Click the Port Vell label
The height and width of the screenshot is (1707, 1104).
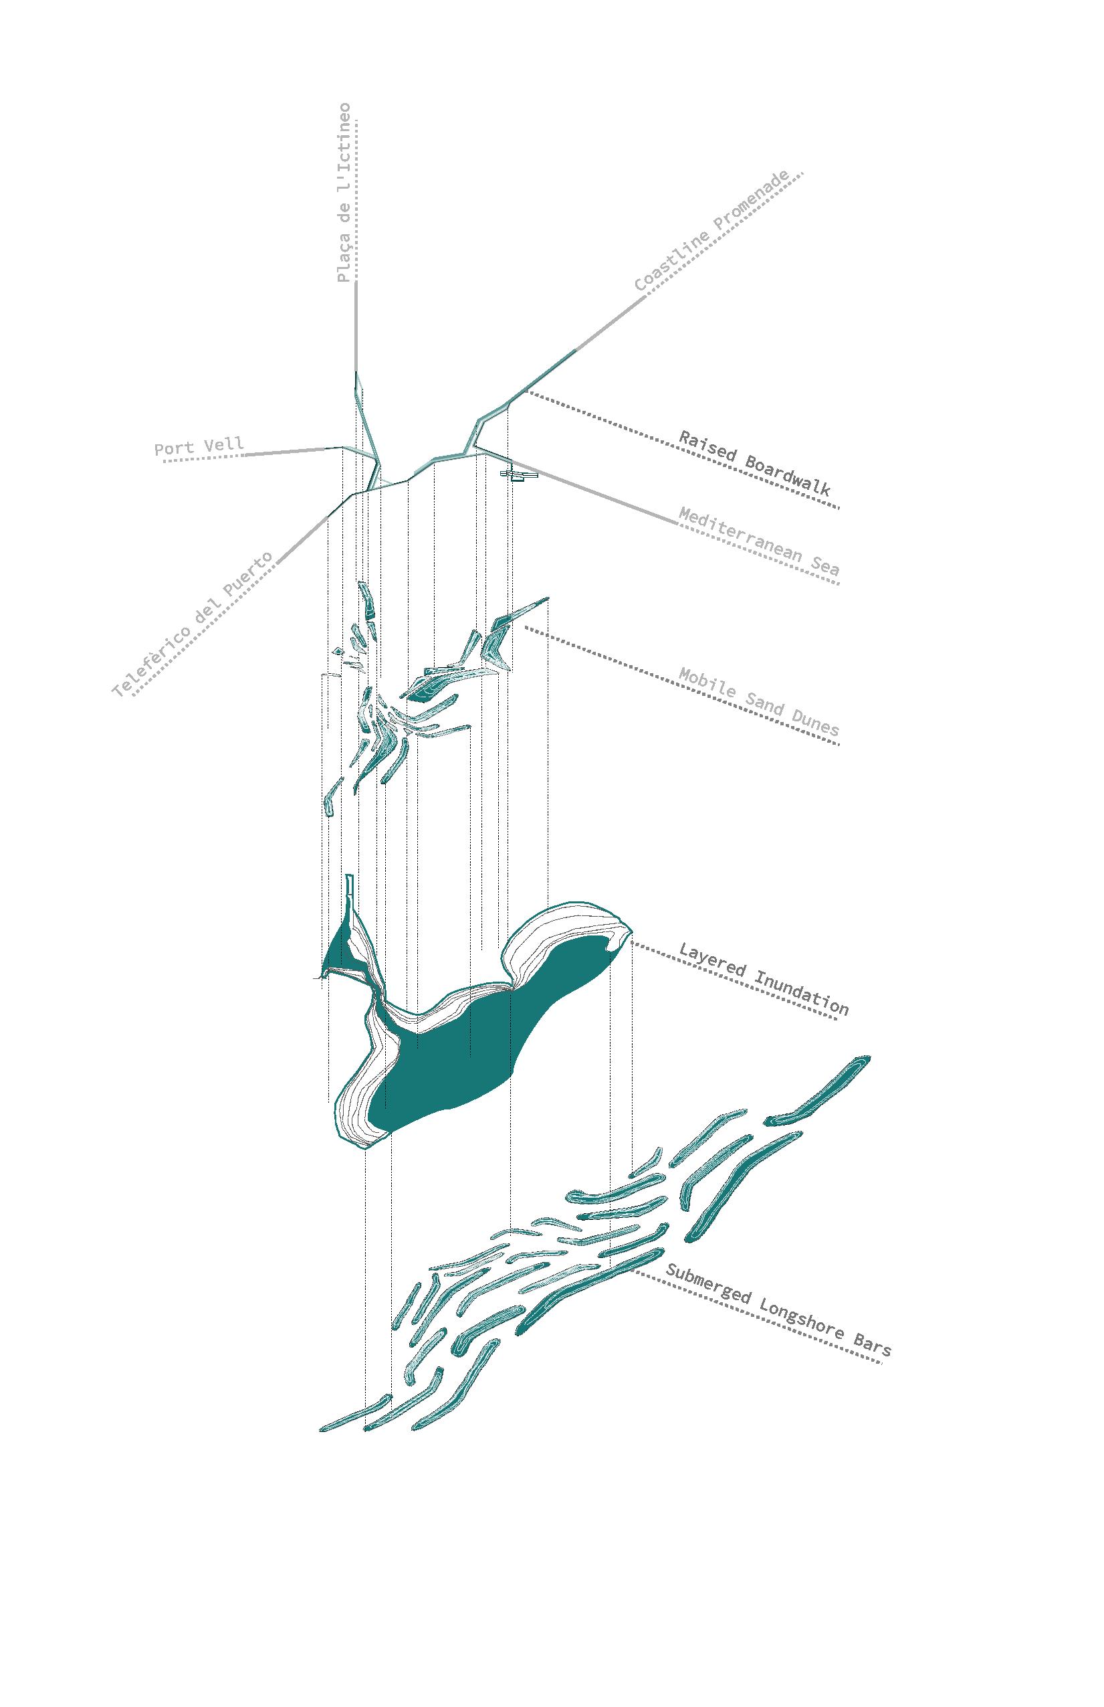click(x=199, y=447)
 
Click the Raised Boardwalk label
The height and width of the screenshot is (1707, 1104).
click(x=754, y=462)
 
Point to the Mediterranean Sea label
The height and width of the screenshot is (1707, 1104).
click(x=758, y=541)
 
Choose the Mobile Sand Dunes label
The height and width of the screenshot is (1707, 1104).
click(x=758, y=701)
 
